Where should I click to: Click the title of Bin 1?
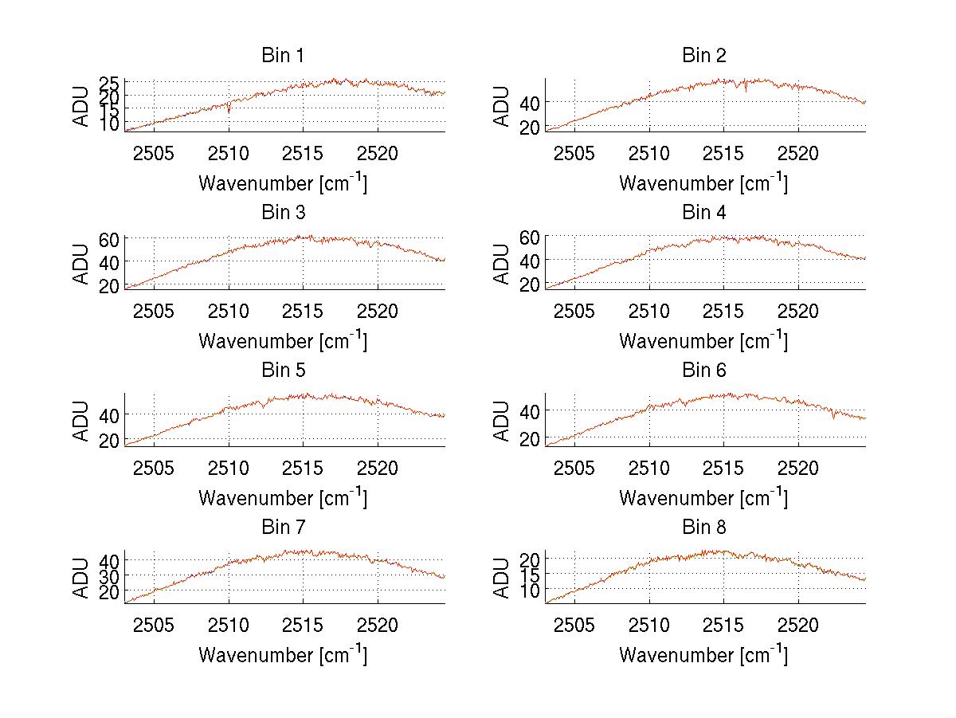(283, 56)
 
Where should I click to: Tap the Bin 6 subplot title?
(703, 371)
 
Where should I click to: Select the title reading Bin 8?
(703, 528)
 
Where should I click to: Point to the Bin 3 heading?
(283, 213)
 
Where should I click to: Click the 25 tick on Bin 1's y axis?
(109, 83)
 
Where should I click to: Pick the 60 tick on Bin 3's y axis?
(109, 239)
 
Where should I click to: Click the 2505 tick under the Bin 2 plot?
(574, 153)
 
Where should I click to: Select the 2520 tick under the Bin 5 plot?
(378, 468)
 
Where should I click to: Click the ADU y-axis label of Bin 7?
(81, 578)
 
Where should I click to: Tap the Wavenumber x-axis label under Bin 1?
(283, 183)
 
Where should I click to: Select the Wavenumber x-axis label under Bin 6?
(703, 498)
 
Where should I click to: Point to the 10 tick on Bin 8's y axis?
(531, 590)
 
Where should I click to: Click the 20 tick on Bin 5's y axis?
(109, 440)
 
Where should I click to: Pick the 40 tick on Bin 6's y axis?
(531, 411)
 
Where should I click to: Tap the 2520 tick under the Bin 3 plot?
(378, 310)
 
